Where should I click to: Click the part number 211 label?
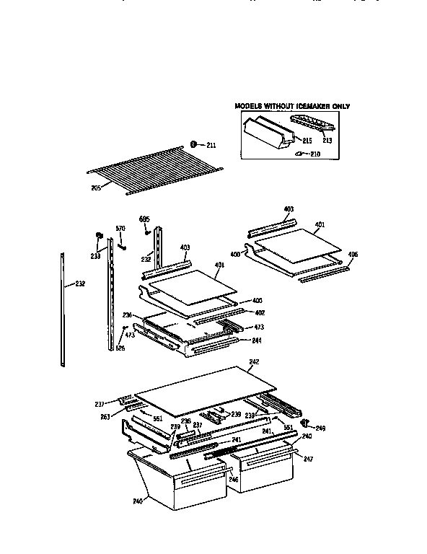point(211,145)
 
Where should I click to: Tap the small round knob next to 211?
point(194,144)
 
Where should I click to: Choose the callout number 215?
point(307,140)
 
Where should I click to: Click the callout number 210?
point(314,154)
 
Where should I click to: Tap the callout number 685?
point(144,219)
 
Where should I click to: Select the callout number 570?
point(120,229)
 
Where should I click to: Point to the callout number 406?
point(353,255)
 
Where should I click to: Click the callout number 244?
point(256,340)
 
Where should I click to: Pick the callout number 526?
point(120,348)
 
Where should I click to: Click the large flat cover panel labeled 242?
point(202,386)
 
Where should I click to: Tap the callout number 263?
point(105,415)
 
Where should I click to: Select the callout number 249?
point(321,428)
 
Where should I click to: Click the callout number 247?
point(309,458)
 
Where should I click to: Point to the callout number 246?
point(234,478)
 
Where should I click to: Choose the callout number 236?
point(127,315)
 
